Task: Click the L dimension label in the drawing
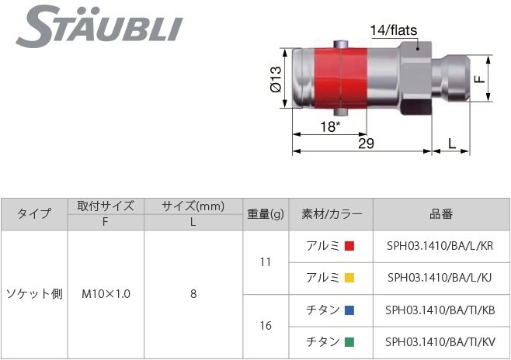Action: (453, 144)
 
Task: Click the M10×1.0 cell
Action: (106, 294)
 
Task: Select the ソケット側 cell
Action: (34, 294)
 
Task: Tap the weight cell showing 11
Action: (266, 262)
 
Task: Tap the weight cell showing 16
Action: (266, 326)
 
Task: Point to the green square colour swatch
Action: (349, 341)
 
